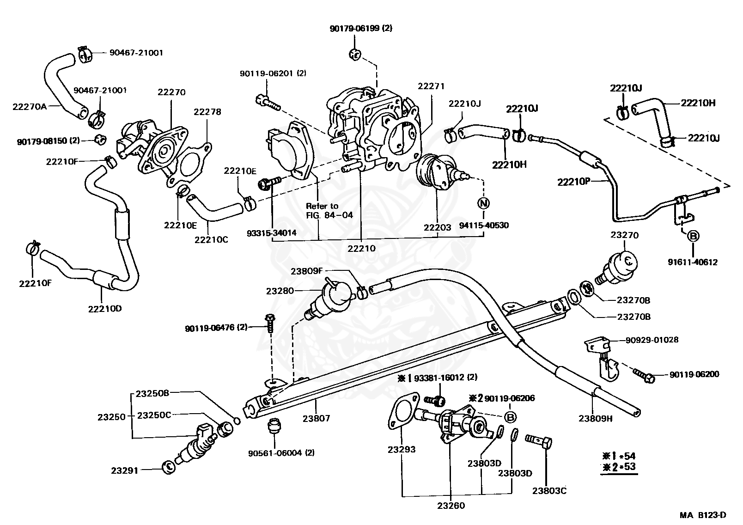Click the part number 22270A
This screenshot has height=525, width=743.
[30, 107]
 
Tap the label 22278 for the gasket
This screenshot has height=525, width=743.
[207, 112]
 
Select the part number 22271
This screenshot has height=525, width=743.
[431, 86]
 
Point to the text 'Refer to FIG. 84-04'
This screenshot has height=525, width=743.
[329, 210]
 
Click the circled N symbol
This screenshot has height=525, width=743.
[483, 203]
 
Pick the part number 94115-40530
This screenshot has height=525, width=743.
[484, 226]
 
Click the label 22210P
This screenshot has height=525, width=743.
[574, 182]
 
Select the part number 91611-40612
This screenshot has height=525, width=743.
[693, 262]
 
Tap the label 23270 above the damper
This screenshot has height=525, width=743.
[625, 235]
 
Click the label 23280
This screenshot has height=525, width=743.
[280, 291]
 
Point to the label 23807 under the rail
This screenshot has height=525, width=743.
[317, 418]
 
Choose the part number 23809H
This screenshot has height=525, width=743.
[596, 418]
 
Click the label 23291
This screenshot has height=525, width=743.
[124, 470]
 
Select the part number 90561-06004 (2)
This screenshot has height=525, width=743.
[281, 452]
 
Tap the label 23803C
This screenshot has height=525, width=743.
[549, 490]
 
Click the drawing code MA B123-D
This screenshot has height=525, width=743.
[703, 515]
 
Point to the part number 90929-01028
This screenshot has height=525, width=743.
[652, 340]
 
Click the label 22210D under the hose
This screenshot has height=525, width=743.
[105, 309]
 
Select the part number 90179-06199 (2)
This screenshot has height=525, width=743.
[361, 28]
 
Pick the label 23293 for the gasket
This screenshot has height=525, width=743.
[402, 449]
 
